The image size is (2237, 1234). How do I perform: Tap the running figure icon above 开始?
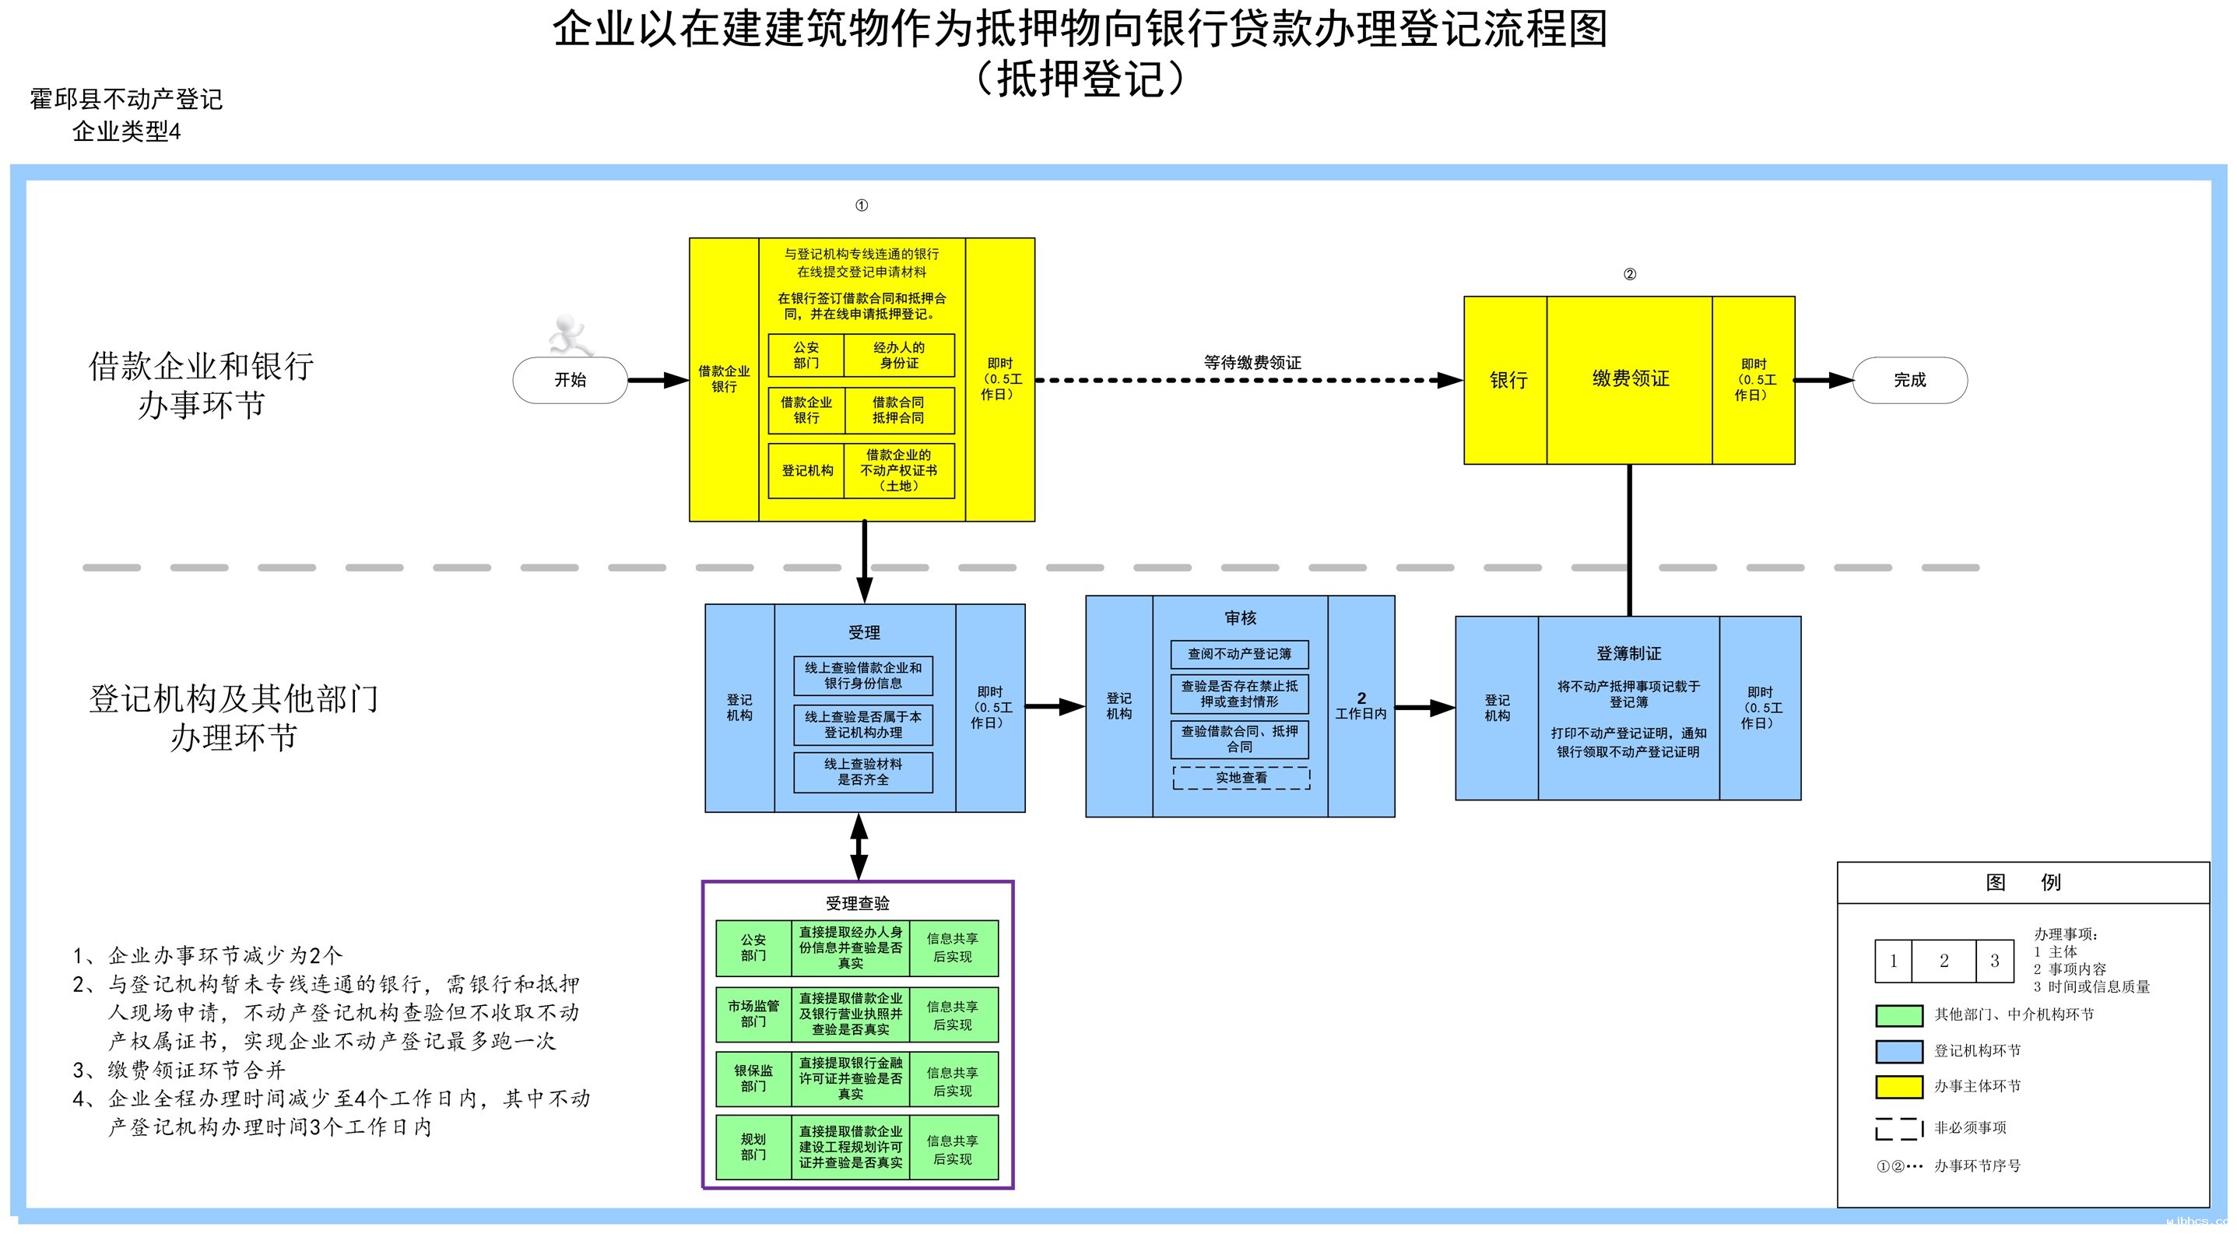[570, 336]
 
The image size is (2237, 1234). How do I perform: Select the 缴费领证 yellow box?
[1629, 379]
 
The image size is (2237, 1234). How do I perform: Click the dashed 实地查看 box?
[1240, 778]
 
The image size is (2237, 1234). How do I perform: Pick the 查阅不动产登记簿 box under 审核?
[1239, 654]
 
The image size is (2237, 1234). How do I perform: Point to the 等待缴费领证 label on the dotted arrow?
[1252, 363]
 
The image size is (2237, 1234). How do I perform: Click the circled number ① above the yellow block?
[862, 206]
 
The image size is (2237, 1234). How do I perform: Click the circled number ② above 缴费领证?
[1629, 274]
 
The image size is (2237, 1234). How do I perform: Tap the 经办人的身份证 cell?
[899, 355]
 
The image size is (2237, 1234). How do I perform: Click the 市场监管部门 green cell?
[753, 1014]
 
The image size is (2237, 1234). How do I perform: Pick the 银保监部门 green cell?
[753, 1078]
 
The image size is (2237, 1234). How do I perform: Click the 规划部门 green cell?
[753, 1147]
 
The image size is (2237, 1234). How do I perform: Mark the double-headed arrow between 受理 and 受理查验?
[859, 847]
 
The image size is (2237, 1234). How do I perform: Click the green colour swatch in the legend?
[1898, 1015]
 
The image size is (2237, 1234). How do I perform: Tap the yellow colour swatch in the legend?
[1898, 1086]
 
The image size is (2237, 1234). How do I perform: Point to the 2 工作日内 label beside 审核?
[1361, 706]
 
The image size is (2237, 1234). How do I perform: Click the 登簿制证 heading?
[1628, 654]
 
